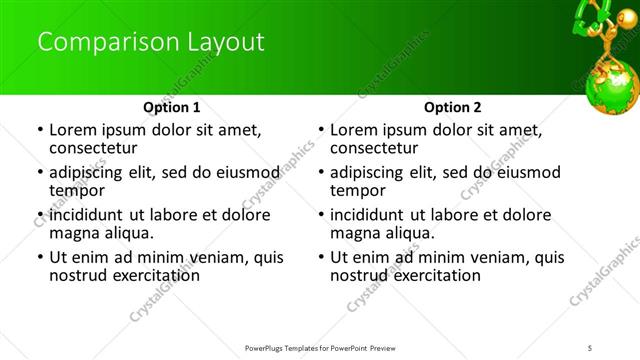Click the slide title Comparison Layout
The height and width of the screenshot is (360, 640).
click(151, 42)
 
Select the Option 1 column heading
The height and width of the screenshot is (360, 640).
click(172, 106)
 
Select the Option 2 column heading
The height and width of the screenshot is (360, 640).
click(452, 106)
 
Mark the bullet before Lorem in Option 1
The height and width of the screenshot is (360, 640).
click(39, 130)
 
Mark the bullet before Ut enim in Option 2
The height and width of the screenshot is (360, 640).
click(321, 257)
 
